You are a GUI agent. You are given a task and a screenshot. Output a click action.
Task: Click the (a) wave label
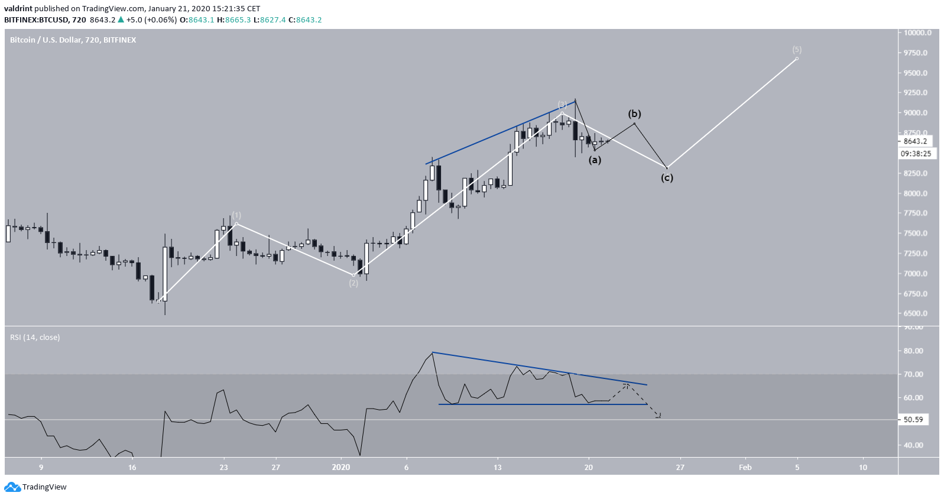coord(595,160)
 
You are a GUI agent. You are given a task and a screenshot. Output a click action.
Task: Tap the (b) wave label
coord(634,114)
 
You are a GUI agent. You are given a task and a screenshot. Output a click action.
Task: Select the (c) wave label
coord(667,177)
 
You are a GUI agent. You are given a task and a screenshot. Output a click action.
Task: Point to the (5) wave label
coord(797,50)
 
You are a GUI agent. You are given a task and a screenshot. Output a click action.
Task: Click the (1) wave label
coord(236,215)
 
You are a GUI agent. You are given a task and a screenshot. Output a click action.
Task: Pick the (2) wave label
coord(353,283)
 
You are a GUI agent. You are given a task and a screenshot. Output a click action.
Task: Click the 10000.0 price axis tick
coord(917,33)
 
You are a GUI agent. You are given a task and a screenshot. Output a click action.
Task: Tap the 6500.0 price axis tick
coord(916,313)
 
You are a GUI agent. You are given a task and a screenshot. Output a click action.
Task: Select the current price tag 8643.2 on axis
coord(915,141)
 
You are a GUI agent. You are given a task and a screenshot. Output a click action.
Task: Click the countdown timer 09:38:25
coord(916,154)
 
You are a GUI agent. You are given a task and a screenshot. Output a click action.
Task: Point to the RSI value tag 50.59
coord(913,420)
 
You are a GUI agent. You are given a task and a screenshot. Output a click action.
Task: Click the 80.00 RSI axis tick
coord(913,351)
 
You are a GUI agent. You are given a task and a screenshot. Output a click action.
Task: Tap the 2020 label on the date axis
coord(341,467)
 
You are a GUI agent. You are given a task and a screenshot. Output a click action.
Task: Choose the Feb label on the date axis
coord(745,467)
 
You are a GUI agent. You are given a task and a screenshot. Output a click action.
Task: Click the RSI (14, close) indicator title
coord(35,338)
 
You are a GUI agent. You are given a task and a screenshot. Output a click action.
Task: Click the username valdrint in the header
coord(18,9)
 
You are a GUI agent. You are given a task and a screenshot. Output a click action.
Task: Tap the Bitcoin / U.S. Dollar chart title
coord(73,40)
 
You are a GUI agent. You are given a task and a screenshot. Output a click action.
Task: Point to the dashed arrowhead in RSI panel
coord(658,416)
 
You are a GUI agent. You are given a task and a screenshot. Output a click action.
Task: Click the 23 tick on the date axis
coord(223,467)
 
